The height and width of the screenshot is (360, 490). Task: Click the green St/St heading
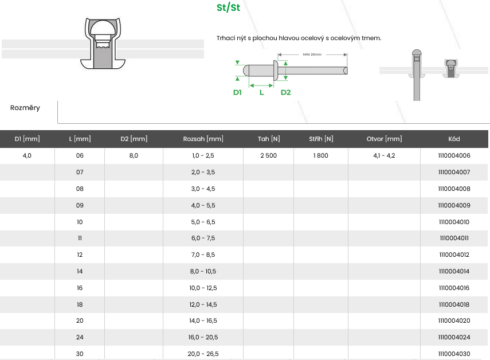point(229,7)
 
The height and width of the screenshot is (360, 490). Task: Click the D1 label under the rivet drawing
point(237,92)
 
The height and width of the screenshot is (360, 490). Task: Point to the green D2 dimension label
point(285,92)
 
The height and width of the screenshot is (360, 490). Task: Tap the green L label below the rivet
point(261,92)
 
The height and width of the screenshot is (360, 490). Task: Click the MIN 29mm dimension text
point(312,54)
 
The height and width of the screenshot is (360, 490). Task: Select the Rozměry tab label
point(25,108)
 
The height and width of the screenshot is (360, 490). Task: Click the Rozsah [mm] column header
point(203,139)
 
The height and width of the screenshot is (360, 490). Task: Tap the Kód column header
point(454,139)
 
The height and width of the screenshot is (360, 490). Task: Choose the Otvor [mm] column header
point(384,139)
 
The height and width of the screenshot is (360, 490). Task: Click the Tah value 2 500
point(268,155)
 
